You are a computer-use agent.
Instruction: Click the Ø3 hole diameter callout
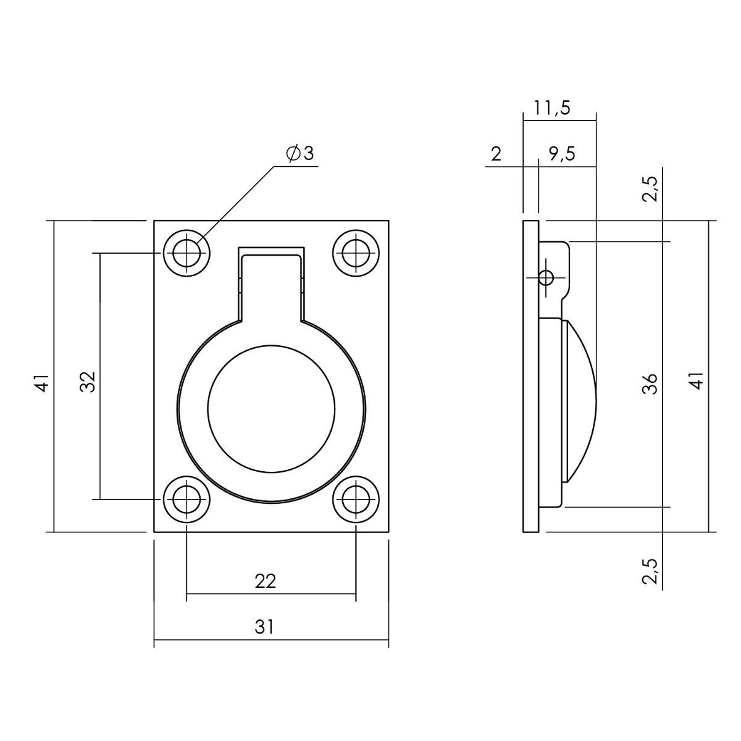(x=300, y=154)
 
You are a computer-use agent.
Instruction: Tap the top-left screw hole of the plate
(x=186, y=253)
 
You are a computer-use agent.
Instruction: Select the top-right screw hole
(x=356, y=253)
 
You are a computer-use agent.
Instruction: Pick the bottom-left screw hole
(x=186, y=500)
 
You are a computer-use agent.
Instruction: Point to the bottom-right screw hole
(x=356, y=500)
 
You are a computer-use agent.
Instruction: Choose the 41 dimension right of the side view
(x=697, y=382)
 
